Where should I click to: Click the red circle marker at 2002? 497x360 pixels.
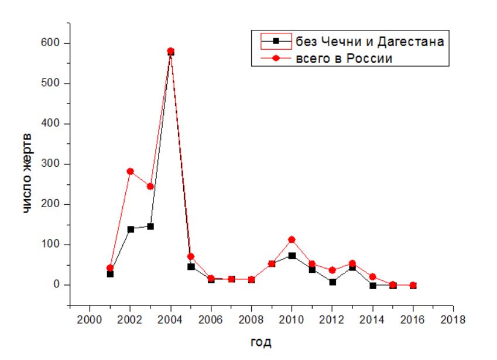click(x=130, y=172)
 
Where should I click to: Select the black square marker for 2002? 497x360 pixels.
click(x=130, y=229)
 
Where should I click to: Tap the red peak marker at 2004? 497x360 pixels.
click(x=170, y=51)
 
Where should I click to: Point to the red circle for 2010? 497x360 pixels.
click(x=292, y=239)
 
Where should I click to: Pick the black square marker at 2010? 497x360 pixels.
click(x=292, y=256)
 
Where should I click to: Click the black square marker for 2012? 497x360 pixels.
click(x=332, y=282)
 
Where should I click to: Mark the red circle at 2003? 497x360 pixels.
click(x=150, y=187)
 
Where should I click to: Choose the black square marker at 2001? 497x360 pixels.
click(x=110, y=274)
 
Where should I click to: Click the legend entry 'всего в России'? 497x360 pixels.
click(x=343, y=59)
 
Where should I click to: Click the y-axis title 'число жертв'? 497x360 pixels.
click(x=28, y=174)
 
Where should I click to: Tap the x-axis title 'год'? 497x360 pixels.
click(x=261, y=342)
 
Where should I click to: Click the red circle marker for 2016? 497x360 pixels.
click(x=413, y=285)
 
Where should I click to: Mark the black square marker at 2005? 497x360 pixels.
click(x=191, y=267)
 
